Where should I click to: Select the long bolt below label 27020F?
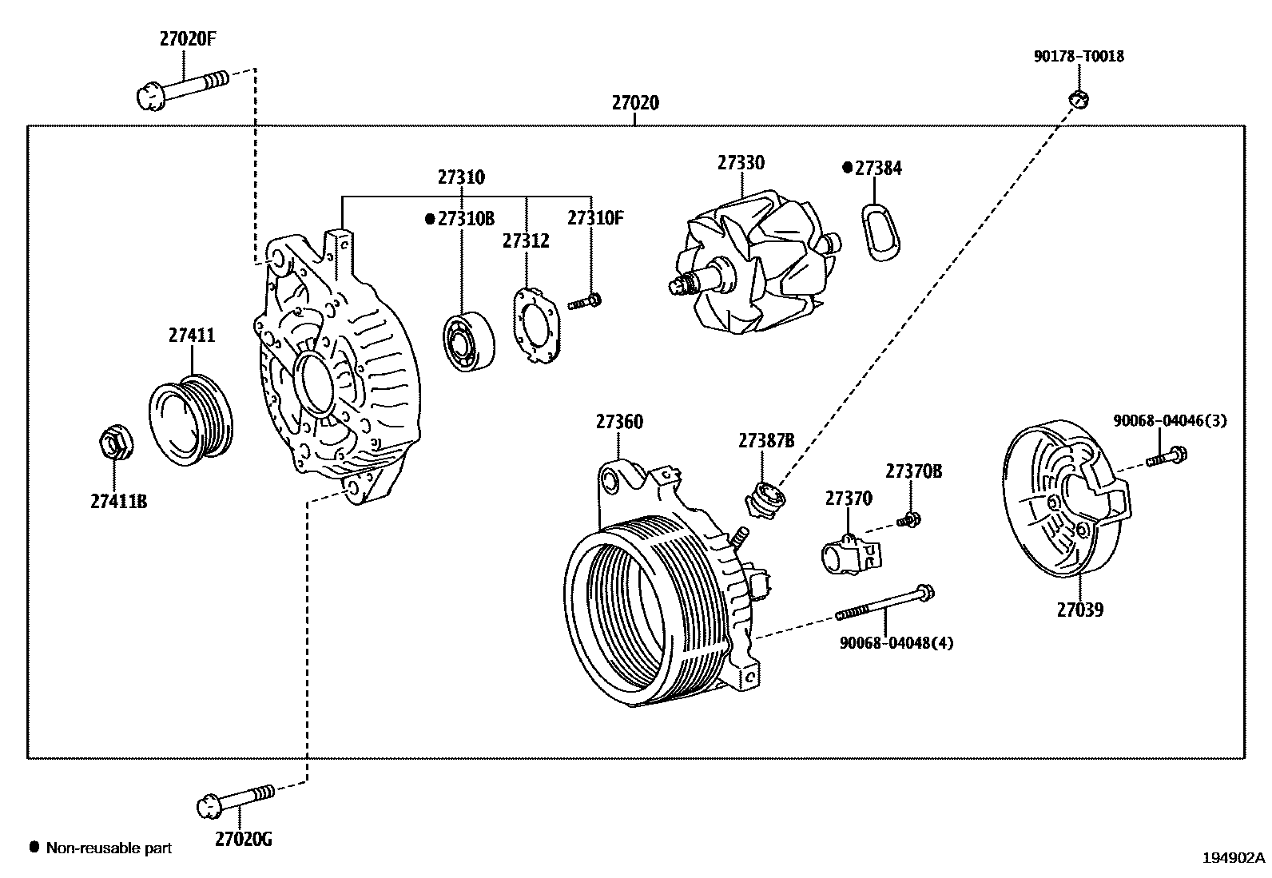(x=182, y=87)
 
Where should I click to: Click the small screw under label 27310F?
(x=585, y=302)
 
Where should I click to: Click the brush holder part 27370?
(x=849, y=553)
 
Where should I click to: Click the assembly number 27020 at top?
(x=635, y=103)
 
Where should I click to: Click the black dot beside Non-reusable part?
(x=34, y=847)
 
